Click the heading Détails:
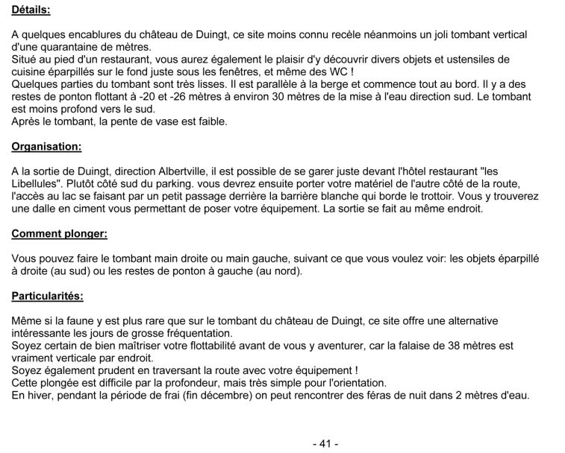pos(31,11)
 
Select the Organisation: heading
pos(46,147)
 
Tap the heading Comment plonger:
pos(59,234)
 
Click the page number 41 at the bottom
pos(325,443)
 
